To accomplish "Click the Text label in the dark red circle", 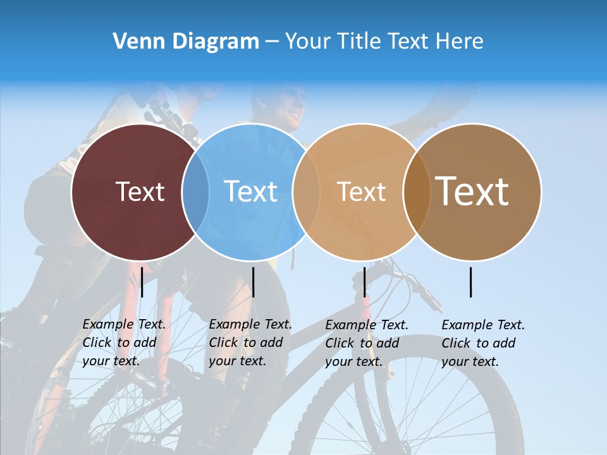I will click(x=140, y=191).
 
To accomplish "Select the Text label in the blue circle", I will click(x=250, y=191).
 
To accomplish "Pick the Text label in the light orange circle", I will click(x=361, y=191).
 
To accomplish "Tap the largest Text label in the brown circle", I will click(x=472, y=191).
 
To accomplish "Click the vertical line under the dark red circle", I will click(x=142, y=282).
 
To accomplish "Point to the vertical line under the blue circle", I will click(x=253, y=282).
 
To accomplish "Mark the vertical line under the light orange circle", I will click(x=364, y=282).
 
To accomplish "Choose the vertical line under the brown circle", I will click(x=471, y=282).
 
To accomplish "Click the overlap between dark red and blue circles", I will click(x=196, y=191).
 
